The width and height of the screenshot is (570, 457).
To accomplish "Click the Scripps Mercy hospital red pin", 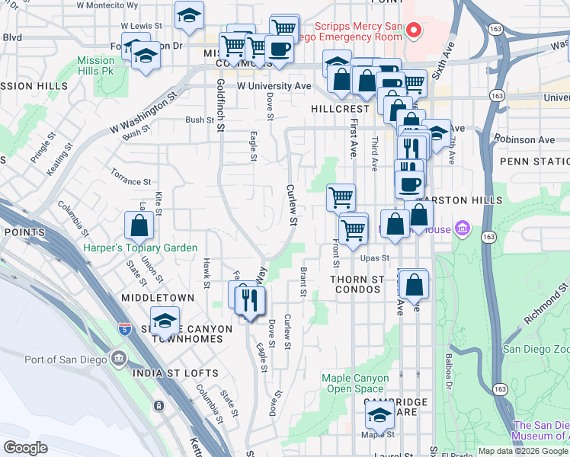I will [414, 30].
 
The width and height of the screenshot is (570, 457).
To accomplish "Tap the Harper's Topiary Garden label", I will [140, 248].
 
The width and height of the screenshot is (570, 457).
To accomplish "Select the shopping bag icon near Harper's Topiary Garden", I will [139, 225].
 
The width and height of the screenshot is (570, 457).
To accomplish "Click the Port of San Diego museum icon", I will [119, 359].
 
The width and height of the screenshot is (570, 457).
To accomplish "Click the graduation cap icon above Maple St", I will [379, 416].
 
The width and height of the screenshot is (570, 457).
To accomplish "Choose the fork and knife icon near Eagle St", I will [249, 301].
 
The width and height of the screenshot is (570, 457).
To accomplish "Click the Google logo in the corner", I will [26, 448].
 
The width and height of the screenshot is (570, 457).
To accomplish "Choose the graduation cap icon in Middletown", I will [164, 322].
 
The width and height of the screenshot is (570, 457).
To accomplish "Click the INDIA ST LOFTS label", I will [175, 373].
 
